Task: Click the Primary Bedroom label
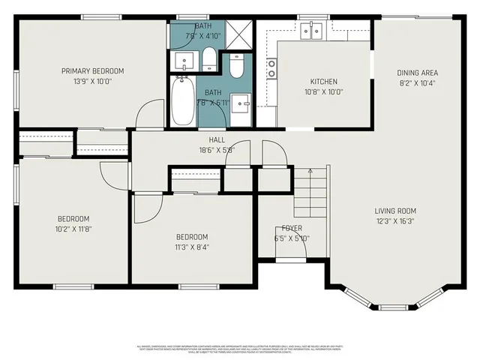pyautogui.click(x=92, y=71)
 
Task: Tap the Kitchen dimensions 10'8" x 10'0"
pyautogui.click(x=324, y=92)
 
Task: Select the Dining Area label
pyautogui.click(x=417, y=73)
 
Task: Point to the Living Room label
pyautogui.click(x=395, y=211)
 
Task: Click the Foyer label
pyautogui.click(x=292, y=228)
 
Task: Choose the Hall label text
pyautogui.click(x=217, y=139)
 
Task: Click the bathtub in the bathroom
pyautogui.click(x=182, y=103)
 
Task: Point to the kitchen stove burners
pyautogui.click(x=270, y=69)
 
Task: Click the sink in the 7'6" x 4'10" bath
pyautogui.click(x=182, y=58)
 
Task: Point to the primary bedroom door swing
pyautogui.click(x=148, y=114)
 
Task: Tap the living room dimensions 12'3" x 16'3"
pyautogui.click(x=395, y=221)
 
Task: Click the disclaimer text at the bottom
pyautogui.click(x=240, y=349)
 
